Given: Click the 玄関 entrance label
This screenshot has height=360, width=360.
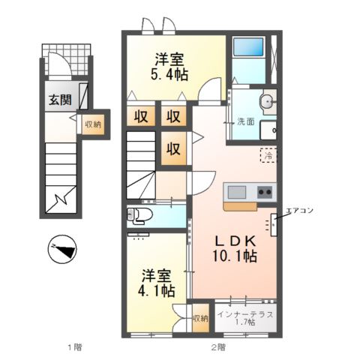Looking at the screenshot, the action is pyautogui.click(x=60, y=100).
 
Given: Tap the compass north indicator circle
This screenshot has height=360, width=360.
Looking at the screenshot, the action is pyautogui.click(x=62, y=249).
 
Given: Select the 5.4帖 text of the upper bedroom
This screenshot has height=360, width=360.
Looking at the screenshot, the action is pyautogui.click(x=169, y=74).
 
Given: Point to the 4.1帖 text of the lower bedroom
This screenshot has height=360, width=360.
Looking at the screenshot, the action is pyautogui.click(x=157, y=290).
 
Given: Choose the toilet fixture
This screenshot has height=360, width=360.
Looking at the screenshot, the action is pyautogui.click(x=139, y=216).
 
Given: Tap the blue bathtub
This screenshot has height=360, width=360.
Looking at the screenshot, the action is pyautogui.click(x=248, y=46).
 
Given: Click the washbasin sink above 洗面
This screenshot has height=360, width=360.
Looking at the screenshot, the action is pyautogui.click(x=268, y=102).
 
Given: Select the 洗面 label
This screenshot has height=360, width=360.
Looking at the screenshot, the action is pyautogui.click(x=246, y=121).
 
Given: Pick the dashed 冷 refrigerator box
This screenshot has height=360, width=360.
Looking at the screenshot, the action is pyautogui.click(x=268, y=155).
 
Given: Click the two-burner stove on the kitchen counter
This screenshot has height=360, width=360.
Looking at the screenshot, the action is pyautogui.click(x=265, y=192).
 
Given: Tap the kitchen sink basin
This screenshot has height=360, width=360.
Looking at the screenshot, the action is pyautogui.click(x=237, y=192).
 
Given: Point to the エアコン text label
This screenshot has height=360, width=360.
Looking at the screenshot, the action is pyautogui.click(x=300, y=211).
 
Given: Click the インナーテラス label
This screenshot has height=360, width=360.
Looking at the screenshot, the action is pyautogui.click(x=245, y=314).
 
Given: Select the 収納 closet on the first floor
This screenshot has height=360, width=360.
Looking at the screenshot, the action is pyautogui.click(x=93, y=124).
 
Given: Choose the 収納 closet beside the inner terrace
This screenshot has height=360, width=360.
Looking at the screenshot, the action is pyautogui.click(x=200, y=318).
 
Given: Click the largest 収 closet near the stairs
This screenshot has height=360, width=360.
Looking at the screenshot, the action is pyautogui.click(x=173, y=148).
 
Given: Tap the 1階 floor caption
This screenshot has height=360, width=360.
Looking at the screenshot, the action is pyautogui.click(x=75, y=347).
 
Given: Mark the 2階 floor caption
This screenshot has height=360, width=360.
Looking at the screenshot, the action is pyautogui.click(x=218, y=347).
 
